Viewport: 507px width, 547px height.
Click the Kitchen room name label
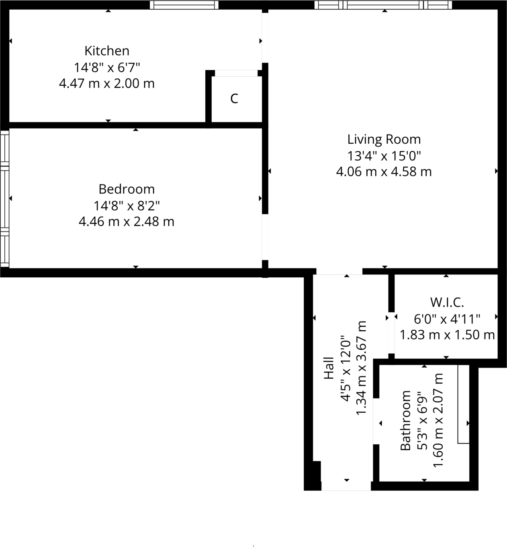point(107,51)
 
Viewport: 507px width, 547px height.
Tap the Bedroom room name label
point(127,189)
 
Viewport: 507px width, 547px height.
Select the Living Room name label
point(384,139)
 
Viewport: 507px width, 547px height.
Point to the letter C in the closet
point(234,98)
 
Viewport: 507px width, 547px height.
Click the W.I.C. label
point(447,302)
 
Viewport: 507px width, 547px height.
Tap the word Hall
point(329,368)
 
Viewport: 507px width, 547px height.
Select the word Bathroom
point(406,420)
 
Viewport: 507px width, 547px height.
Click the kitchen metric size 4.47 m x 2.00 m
point(107,83)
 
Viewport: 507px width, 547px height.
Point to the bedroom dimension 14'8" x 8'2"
point(127,205)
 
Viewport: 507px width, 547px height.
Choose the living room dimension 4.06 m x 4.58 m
point(384,172)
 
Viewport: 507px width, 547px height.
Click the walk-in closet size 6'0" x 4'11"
point(447,319)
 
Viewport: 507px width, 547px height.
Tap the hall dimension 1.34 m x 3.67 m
point(362,368)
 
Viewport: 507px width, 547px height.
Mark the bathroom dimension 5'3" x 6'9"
point(423,420)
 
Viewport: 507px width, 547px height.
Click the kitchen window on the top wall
point(184,5)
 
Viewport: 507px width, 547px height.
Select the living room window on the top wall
point(383,5)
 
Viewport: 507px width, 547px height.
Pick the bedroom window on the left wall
point(4,198)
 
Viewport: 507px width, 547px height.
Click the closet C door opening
point(236,73)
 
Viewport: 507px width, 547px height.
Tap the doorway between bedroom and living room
point(265,237)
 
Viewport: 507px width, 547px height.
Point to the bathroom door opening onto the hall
point(376,421)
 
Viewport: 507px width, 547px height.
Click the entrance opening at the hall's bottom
point(346,486)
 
